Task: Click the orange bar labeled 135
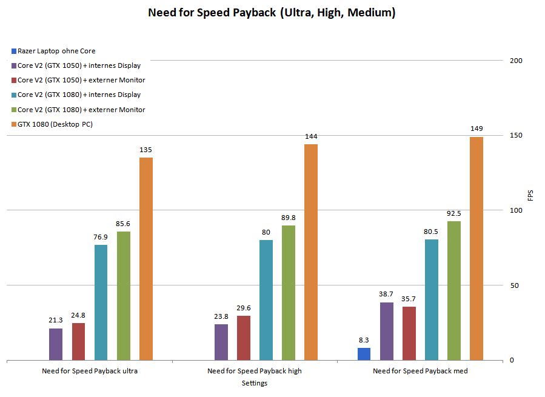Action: (146, 259)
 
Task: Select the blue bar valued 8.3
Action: (364, 354)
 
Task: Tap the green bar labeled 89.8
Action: (289, 293)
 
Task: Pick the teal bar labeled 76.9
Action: (101, 302)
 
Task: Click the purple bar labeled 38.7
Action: (387, 331)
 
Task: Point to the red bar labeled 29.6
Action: (244, 338)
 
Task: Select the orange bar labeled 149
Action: (476, 249)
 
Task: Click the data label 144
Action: (311, 136)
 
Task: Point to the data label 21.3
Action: (56, 320)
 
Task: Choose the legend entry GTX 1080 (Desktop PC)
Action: (55, 124)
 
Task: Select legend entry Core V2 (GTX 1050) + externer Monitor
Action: (81, 80)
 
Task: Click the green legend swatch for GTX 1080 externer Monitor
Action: (13, 110)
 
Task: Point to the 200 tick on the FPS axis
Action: (516, 61)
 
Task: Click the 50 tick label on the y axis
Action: (514, 285)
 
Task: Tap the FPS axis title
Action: (530, 195)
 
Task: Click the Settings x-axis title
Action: (255, 383)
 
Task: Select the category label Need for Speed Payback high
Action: (255, 371)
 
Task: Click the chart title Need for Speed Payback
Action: (272, 12)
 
